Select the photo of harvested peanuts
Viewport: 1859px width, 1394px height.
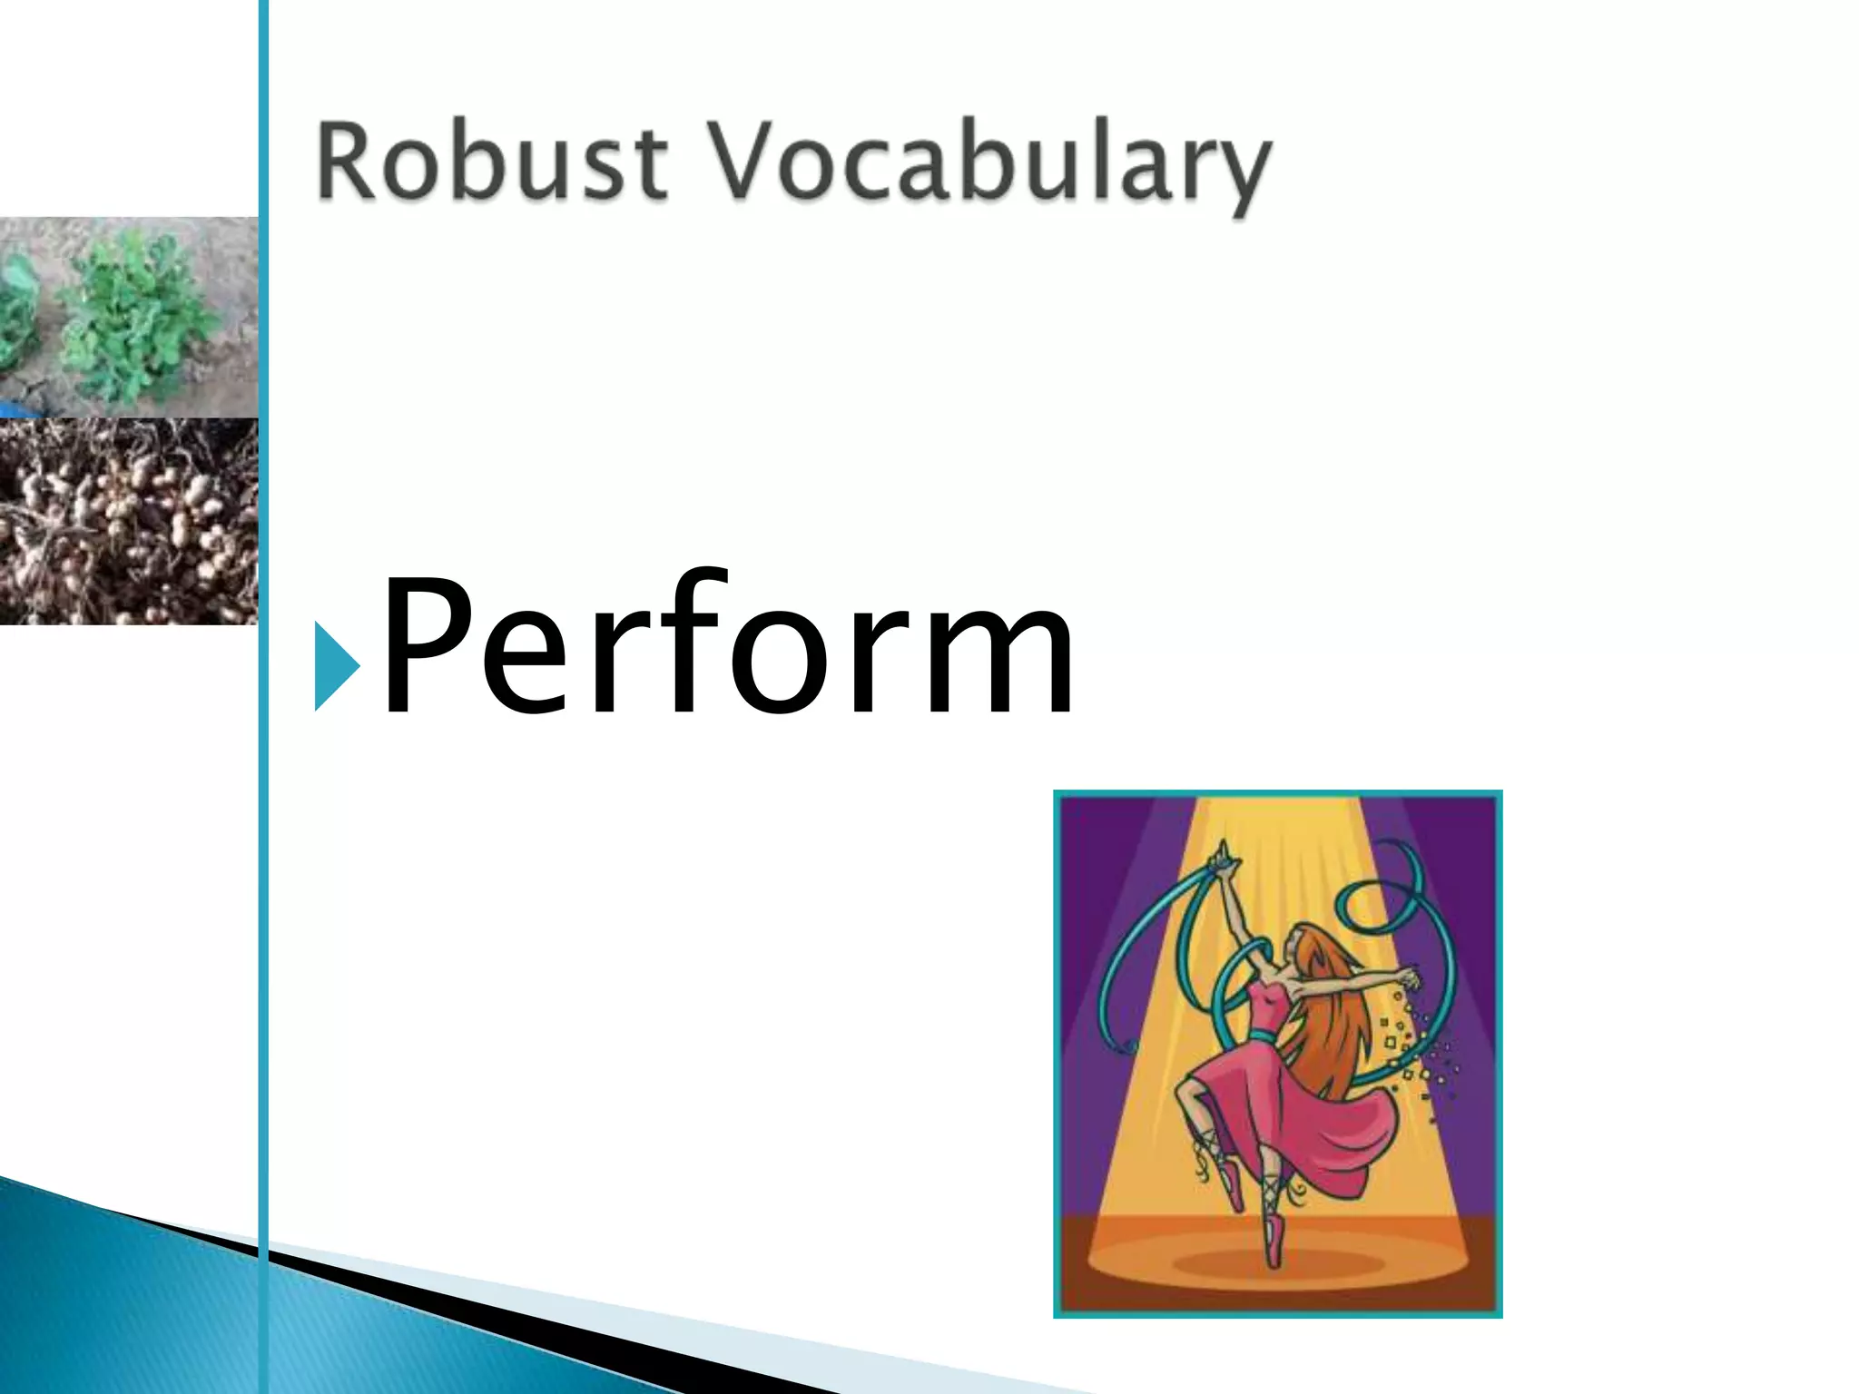(x=127, y=522)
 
